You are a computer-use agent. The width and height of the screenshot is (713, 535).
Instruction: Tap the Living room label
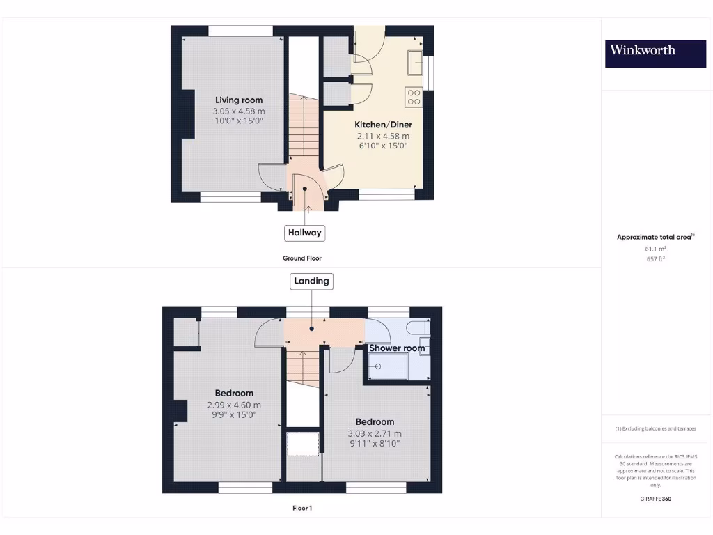(x=239, y=100)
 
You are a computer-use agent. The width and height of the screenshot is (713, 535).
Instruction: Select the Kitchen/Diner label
(x=383, y=125)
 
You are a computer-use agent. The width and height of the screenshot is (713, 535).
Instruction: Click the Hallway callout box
(x=304, y=233)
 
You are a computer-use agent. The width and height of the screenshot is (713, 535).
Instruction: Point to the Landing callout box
(x=311, y=281)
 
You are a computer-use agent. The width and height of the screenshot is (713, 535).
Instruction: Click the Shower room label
(x=396, y=348)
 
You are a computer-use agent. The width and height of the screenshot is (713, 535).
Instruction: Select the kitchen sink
(x=416, y=61)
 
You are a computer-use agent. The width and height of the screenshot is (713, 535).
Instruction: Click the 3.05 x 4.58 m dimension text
(x=239, y=111)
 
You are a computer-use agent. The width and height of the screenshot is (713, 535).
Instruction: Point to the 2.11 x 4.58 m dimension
(x=383, y=136)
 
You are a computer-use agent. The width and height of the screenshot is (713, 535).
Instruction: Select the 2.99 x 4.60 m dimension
(x=234, y=405)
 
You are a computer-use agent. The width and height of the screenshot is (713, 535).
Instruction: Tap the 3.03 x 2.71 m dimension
(x=375, y=433)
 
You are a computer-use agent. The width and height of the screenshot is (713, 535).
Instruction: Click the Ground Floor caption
(x=302, y=258)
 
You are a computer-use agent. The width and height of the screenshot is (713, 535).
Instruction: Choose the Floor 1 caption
(x=302, y=508)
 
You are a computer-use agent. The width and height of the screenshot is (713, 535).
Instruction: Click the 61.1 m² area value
(x=655, y=248)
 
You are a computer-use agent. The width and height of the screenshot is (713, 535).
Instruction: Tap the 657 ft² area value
(x=655, y=258)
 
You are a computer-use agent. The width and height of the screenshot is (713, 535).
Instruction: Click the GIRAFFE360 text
(x=655, y=499)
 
